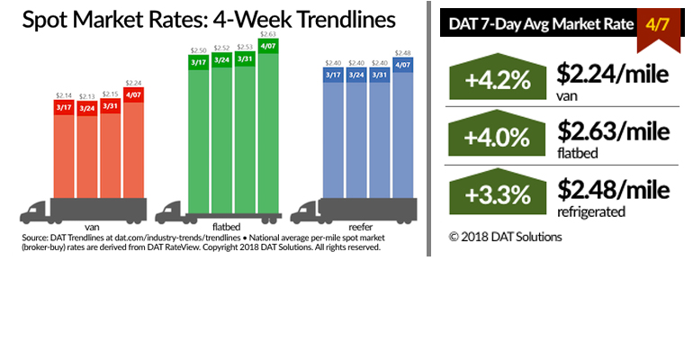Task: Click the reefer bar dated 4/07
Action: (x=402, y=135)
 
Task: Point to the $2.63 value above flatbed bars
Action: (x=268, y=33)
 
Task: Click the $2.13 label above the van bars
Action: (x=87, y=94)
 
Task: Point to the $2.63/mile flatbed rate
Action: (x=612, y=132)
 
